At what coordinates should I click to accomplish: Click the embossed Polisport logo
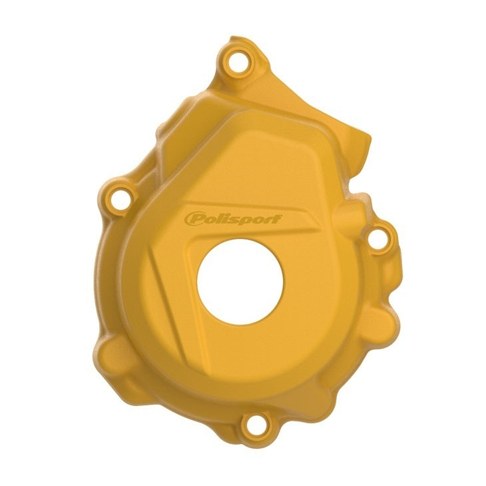(234, 219)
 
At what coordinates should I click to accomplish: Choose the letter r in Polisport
(268, 219)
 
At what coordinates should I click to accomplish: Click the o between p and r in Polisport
(256, 219)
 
